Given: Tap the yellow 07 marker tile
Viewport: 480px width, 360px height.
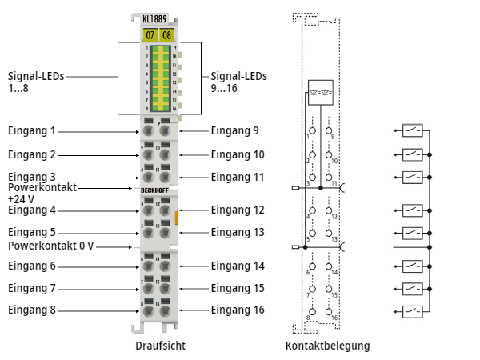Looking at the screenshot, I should coord(149,35).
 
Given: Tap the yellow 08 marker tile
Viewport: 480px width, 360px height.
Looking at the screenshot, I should coord(166,35).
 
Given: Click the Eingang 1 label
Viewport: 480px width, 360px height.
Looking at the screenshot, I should coord(32,130).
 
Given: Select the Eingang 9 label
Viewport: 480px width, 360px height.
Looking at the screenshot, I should coord(235,130).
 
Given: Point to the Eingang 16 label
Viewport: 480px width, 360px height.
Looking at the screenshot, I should coord(238,310).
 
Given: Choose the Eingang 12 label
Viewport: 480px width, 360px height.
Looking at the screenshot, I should coord(238,210).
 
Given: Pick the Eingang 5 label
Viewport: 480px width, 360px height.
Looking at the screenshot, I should coord(32,232).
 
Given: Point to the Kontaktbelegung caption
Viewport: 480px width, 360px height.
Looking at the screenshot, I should coord(327,346).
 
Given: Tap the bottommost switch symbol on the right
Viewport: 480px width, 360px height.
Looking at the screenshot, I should coord(412,310).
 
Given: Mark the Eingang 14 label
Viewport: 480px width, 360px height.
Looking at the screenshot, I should coord(238,266).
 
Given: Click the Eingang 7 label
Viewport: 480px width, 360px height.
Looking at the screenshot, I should coord(32,288).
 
